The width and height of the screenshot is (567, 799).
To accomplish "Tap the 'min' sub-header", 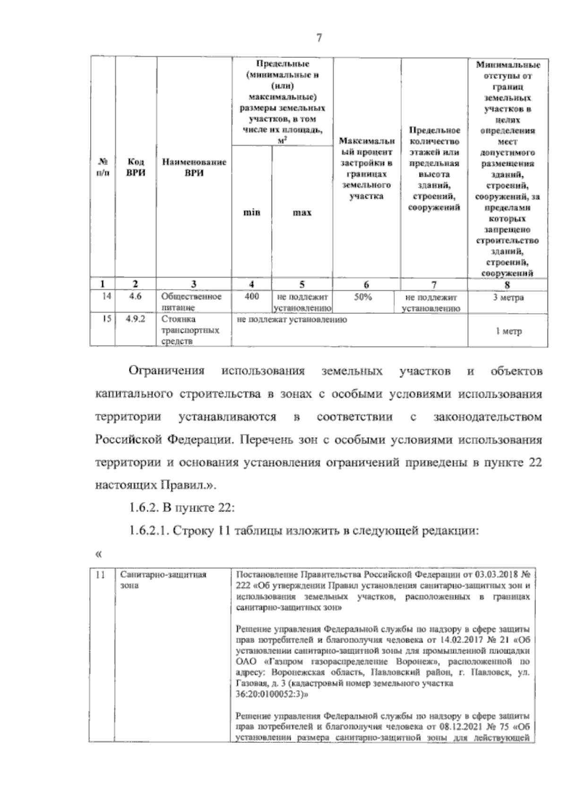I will click(251, 212).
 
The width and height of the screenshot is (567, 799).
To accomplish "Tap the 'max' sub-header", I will click(302, 213).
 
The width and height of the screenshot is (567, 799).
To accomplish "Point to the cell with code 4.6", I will click(136, 297).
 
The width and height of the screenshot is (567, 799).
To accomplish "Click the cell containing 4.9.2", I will click(136, 320).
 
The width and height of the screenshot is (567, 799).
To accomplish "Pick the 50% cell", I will click(363, 297).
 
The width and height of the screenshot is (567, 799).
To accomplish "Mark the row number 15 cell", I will click(107, 320).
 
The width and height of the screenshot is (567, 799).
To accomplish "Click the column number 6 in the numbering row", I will click(367, 284).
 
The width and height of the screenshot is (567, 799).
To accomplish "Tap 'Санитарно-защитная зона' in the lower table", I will click(163, 580).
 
